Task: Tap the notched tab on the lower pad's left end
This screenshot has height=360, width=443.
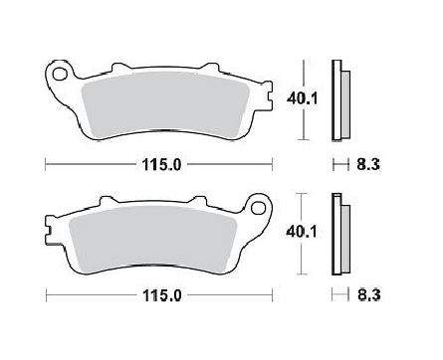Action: point(50,230)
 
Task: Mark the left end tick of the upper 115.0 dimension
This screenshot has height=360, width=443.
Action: point(46,164)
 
